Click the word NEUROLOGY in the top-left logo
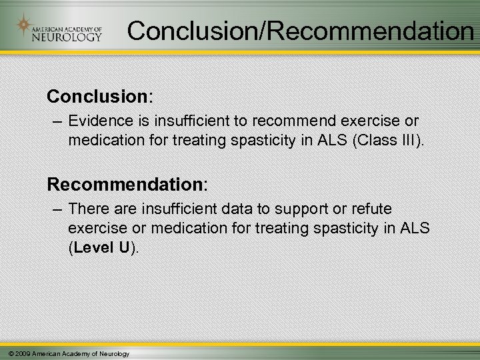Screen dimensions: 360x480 67,37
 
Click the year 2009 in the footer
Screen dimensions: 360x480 21,353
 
